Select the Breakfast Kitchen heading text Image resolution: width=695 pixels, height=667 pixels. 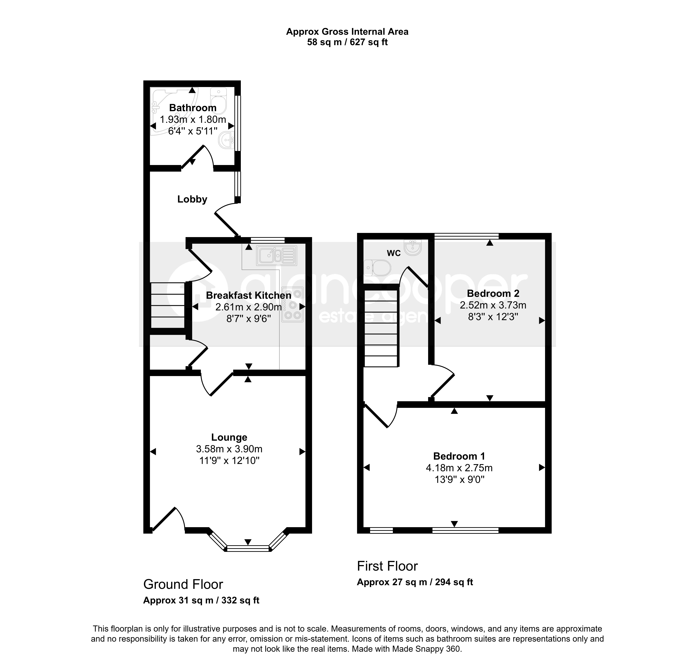(249, 295)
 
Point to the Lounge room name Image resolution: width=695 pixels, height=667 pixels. (229, 437)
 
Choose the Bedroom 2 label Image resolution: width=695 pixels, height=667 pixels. (493, 293)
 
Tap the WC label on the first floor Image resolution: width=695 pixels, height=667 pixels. (394, 253)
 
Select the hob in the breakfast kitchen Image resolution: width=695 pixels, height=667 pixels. (293, 304)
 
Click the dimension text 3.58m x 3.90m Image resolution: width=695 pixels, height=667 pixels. (229, 449)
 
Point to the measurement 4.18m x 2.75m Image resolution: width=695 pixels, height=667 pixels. (459, 468)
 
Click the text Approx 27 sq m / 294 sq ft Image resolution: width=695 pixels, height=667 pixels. (415, 582)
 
